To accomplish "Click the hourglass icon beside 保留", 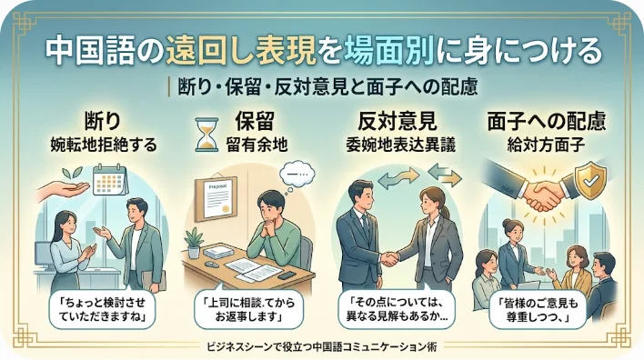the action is (x=206, y=135).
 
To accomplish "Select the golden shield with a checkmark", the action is (x=590, y=180).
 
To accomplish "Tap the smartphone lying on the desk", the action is (x=287, y=275).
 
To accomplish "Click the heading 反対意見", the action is (x=397, y=121).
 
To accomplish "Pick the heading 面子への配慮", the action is (x=547, y=121).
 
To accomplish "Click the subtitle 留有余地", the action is (x=257, y=145).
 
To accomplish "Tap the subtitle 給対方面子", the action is (x=547, y=145).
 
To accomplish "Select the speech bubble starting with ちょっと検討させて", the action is (x=102, y=309).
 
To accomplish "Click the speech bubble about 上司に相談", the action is (x=249, y=309).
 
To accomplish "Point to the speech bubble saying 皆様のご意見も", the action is (x=538, y=309).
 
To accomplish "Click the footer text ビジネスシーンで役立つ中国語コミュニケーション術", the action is (x=322, y=347).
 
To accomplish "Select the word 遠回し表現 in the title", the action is (x=241, y=52).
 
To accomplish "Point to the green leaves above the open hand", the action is (x=72, y=173).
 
